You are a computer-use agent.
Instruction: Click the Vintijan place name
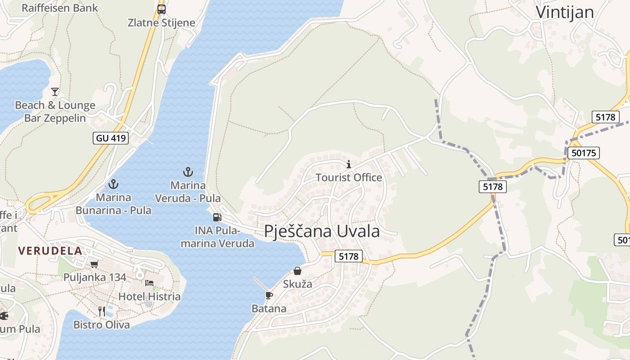565,12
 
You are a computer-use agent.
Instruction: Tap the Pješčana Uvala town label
322,231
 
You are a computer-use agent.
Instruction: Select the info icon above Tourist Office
348,164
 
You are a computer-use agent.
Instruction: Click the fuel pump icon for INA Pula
217,217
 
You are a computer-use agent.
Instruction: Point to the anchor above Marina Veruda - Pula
188,171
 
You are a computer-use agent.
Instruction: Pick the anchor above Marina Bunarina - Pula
113,184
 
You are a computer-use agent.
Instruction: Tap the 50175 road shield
583,153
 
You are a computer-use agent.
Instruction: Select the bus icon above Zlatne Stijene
161,9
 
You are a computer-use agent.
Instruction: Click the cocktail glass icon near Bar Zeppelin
55,92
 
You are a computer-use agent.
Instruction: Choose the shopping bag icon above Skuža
297,271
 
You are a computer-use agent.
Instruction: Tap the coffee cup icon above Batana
269,295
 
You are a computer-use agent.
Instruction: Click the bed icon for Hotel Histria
149,283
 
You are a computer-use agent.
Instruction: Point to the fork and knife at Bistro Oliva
102,311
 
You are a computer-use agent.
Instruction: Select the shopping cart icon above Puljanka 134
94,264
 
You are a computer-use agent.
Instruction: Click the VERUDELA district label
50,251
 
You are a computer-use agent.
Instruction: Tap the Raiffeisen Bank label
59,8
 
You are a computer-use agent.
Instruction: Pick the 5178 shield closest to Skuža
348,256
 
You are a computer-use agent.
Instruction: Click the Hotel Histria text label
149,297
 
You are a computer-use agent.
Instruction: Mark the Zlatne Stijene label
162,23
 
